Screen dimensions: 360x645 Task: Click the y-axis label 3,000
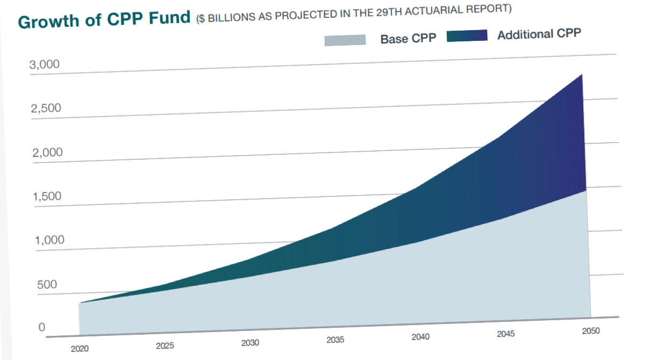click(45, 66)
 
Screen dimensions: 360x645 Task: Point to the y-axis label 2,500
click(46, 109)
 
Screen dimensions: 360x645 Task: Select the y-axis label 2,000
click(47, 153)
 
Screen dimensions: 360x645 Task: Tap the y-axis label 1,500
click(47, 197)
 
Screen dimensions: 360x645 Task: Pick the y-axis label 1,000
click(49, 240)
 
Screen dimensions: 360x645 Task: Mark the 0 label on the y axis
click(41, 328)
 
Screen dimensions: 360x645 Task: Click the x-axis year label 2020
click(80, 349)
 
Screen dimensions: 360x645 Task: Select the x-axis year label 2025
click(164, 346)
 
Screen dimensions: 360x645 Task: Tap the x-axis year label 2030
click(250, 343)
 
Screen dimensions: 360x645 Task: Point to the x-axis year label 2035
click(335, 340)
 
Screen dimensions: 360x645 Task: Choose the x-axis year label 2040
click(420, 337)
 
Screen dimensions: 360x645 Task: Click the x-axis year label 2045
click(506, 334)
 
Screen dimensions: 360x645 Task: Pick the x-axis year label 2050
click(591, 331)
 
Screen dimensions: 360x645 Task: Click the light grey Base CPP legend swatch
click(345, 40)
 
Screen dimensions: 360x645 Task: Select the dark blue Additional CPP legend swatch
click(467, 36)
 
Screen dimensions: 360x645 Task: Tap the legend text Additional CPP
click(539, 34)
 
